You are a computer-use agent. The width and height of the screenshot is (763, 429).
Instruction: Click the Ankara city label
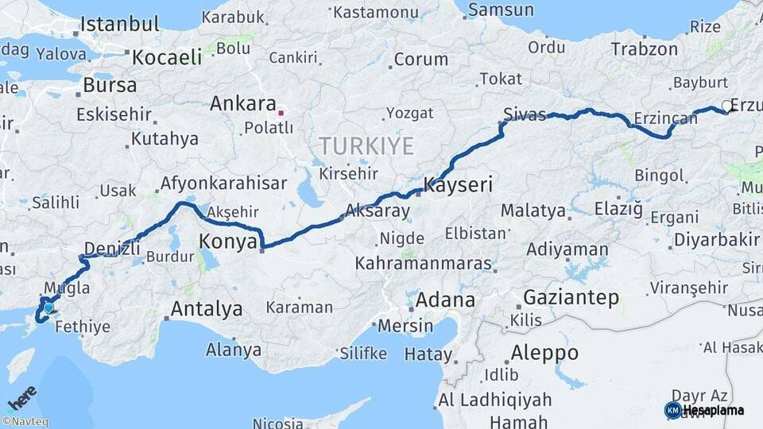242,104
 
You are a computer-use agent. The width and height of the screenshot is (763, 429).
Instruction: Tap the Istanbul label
114,24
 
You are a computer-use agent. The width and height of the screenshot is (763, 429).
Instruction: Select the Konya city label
229,241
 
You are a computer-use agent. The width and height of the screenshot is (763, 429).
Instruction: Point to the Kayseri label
459,186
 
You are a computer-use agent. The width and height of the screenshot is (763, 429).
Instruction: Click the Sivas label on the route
525,115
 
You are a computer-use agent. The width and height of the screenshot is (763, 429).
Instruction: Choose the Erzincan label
665,119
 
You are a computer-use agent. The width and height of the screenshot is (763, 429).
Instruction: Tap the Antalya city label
207,309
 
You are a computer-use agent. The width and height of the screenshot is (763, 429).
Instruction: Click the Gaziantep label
571,299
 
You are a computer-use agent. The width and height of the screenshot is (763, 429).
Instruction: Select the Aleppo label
544,353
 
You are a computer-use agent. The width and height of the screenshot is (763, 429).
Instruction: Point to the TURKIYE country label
366,146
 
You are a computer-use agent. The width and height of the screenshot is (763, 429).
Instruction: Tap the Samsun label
501,10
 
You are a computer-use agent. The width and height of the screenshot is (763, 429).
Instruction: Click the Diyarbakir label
716,240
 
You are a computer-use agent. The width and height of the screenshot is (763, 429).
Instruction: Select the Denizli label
111,249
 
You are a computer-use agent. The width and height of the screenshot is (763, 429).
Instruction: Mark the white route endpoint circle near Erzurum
726,107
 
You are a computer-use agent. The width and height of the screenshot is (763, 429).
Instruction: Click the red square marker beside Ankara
281,113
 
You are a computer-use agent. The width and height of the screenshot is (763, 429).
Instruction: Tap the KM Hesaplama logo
704,410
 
